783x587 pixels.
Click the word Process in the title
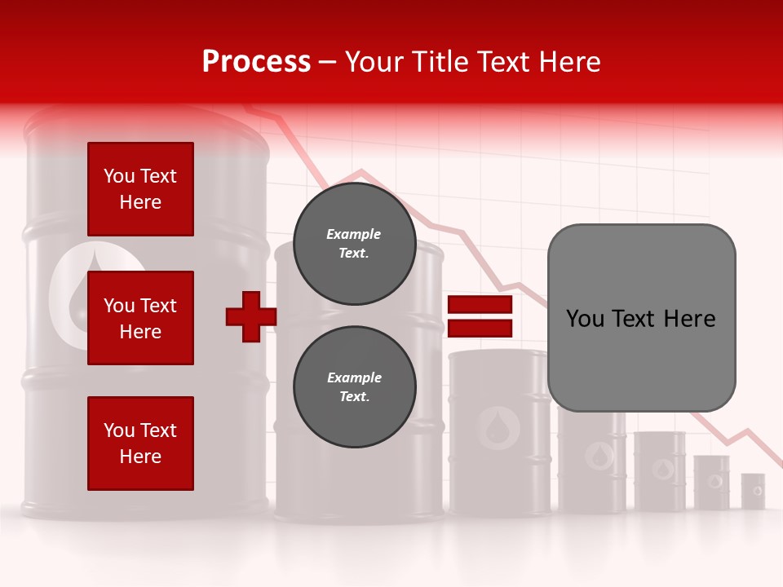[x=256, y=62]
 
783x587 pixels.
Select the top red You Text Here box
[x=140, y=189]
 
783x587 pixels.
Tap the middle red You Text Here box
[x=140, y=318]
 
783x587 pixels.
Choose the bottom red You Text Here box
[x=140, y=443]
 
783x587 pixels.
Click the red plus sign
[x=251, y=317]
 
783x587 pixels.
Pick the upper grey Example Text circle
[x=354, y=244]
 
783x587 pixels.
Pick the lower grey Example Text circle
[x=354, y=387]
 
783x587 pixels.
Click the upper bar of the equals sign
[x=480, y=305]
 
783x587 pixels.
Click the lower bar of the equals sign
[x=480, y=329]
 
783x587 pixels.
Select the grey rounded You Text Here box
[x=641, y=318]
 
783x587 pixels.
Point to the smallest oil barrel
[x=753, y=491]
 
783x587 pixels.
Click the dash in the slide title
[x=328, y=63]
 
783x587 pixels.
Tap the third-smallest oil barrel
[x=659, y=471]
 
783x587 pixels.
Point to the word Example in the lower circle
[x=354, y=377]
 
